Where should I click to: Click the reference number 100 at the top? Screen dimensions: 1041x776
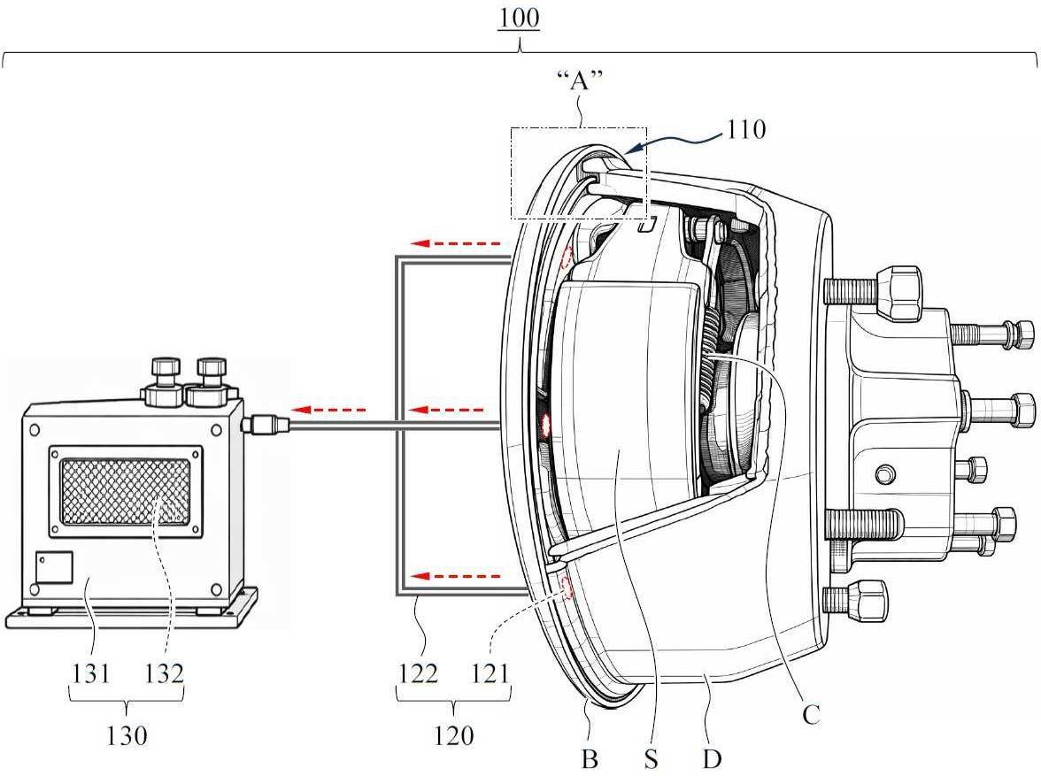point(519,18)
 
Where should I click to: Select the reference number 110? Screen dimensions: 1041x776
point(746,129)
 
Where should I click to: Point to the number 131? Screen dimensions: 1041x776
point(91,673)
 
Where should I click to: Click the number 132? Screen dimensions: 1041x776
point(163,673)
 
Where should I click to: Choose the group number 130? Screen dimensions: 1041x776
point(127,734)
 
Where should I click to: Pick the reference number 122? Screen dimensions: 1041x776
point(418,673)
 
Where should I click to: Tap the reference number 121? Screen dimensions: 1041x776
point(490,673)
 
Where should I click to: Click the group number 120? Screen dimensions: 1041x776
point(454,734)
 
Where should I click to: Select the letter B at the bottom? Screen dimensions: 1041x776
point(590,758)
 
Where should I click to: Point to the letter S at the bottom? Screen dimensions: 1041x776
point(651,758)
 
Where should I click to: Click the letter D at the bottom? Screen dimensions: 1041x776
point(712,758)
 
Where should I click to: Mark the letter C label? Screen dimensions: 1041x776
point(811,715)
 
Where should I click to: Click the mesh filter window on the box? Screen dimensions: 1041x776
point(126,491)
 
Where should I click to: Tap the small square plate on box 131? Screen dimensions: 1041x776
point(54,567)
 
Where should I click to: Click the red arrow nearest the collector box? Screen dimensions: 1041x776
point(328,409)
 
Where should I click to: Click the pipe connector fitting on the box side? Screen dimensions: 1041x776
point(265,424)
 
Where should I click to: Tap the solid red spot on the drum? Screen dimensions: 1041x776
point(548,424)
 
